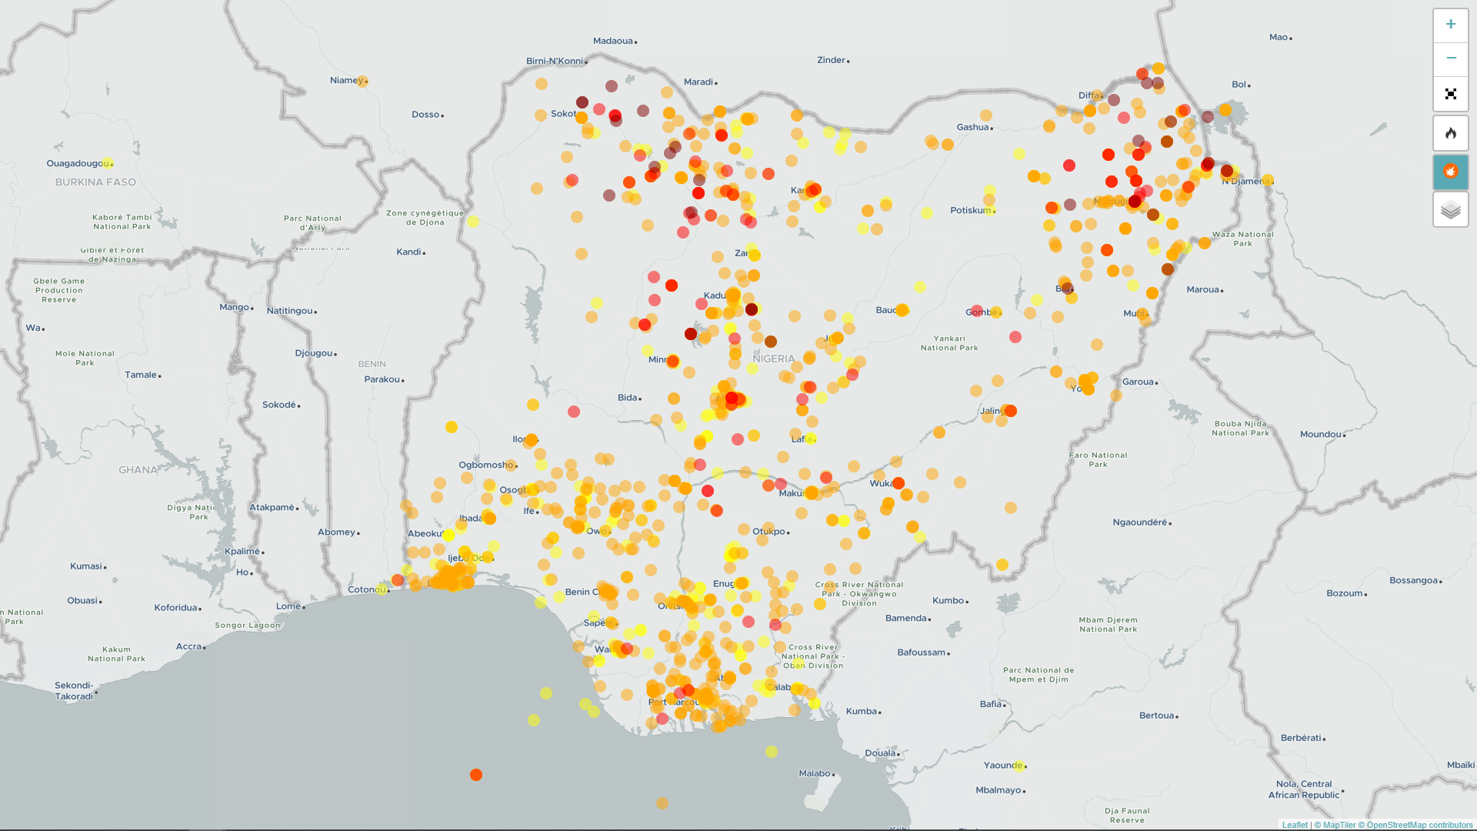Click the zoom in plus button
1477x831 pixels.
click(1450, 25)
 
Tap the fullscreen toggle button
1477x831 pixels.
click(1450, 94)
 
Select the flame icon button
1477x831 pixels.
click(1450, 134)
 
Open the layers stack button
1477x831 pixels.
click(1450, 210)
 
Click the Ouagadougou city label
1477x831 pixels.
click(78, 163)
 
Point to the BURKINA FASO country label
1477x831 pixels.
click(95, 182)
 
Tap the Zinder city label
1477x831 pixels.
click(832, 60)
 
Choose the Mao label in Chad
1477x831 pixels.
click(1279, 37)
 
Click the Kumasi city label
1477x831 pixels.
click(86, 566)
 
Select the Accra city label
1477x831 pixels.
click(188, 646)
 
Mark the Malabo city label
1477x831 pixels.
click(815, 773)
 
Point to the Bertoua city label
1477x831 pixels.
click(1156, 716)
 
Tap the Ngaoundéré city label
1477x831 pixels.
click(1140, 522)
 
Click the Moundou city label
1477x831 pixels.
click(1321, 434)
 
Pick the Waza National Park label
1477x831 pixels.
click(1242, 239)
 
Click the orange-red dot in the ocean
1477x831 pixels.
click(476, 775)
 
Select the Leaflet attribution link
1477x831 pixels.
click(1295, 825)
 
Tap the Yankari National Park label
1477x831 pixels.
click(949, 343)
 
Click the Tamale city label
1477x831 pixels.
click(141, 375)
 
